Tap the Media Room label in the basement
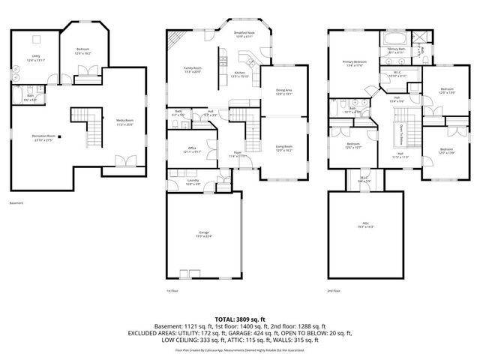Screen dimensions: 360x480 pyautogui.click(x=124, y=121)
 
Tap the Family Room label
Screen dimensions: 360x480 pyautogui.click(x=193, y=69)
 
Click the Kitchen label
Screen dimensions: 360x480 pyautogui.click(x=239, y=74)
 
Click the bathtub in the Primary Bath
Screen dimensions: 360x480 pyautogui.click(x=395, y=38)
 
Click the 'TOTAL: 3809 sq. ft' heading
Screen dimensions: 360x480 pyautogui.click(x=240, y=319)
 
